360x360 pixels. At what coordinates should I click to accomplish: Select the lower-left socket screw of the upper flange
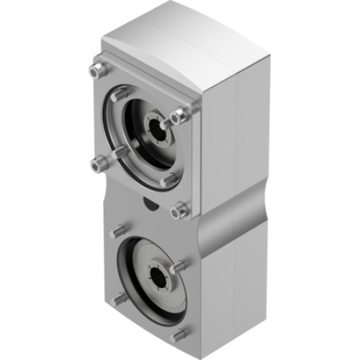pos(99,164)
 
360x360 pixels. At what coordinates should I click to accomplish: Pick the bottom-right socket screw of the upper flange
pos(179,210)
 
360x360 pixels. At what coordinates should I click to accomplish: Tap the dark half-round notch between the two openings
pos(148,206)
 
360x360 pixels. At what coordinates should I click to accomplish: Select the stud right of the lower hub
pos(179,266)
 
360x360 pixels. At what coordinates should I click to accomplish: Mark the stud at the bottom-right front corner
pos(178,335)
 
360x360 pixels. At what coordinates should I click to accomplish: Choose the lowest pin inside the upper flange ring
pos(169,179)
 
